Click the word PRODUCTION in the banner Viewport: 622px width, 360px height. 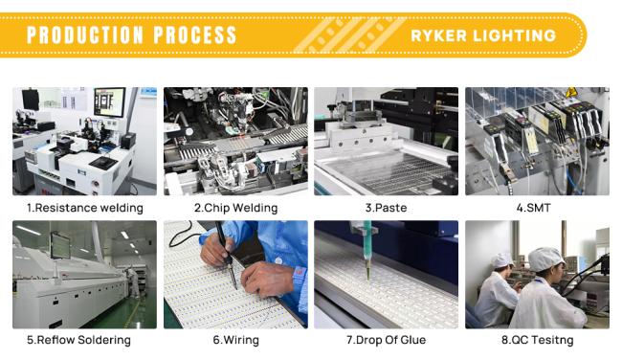click(85, 34)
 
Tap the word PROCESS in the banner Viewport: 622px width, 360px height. click(195, 34)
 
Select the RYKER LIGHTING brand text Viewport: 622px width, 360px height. click(483, 35)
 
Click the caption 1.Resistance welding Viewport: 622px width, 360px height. click(85, 208)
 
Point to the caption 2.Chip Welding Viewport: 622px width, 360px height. click(235, 208)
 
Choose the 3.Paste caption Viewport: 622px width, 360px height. click(386, 208)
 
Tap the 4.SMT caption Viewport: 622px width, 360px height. click(534, 208)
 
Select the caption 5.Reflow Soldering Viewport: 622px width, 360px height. click(78, 340)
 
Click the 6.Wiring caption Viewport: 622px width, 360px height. click(235, 340)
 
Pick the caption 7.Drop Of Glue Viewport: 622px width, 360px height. click(386, 340)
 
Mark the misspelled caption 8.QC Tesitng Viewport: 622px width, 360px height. click(537, 340)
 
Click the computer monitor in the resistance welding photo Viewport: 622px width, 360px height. click(109, 102)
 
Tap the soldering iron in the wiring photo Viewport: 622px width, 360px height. click(226, 254)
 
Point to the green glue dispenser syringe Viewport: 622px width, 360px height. click(367, 250)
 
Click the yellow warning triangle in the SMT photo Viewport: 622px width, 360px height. click(571, 92)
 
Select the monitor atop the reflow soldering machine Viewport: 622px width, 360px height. click(60, 246)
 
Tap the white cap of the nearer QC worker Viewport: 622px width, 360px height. click(546, 259)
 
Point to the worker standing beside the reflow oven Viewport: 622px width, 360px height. click(133, 282)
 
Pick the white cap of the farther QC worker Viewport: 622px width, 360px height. click(501, 260)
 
